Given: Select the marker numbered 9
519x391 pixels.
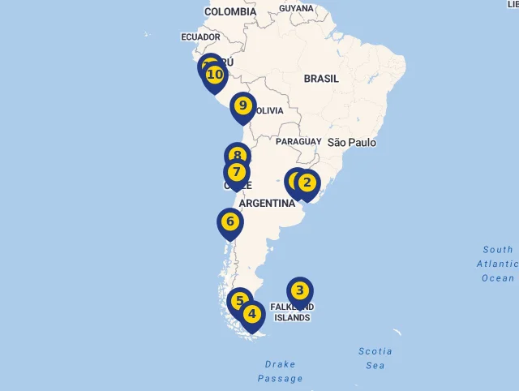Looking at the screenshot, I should coord(242,106).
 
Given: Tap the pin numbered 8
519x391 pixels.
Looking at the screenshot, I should coord(237,156).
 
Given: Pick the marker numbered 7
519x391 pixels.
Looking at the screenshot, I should coord(236,172).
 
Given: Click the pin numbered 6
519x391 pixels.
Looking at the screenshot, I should coord(230,221).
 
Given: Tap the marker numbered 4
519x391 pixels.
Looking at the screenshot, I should coord(252,314).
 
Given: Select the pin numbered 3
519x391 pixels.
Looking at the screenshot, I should coord(299,290).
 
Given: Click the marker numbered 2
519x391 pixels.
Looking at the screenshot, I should coord(307,183).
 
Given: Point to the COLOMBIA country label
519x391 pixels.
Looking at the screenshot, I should coord(230,12).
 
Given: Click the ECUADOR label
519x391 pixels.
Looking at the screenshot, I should coord(201,37).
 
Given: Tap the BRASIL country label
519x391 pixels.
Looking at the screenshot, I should coord(322,79).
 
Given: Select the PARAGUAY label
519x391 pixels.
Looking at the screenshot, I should coord(298,142).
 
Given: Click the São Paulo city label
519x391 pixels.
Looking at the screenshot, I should coord(352,143).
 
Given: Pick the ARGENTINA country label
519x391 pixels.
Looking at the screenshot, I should coord(268,204).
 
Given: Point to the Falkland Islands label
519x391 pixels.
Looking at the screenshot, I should coord(292,312).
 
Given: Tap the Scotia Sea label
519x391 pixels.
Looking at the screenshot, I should coord(375,359).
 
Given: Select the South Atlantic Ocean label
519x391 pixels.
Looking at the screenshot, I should coord(497,264).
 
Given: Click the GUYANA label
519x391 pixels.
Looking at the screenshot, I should coord(296,8).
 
